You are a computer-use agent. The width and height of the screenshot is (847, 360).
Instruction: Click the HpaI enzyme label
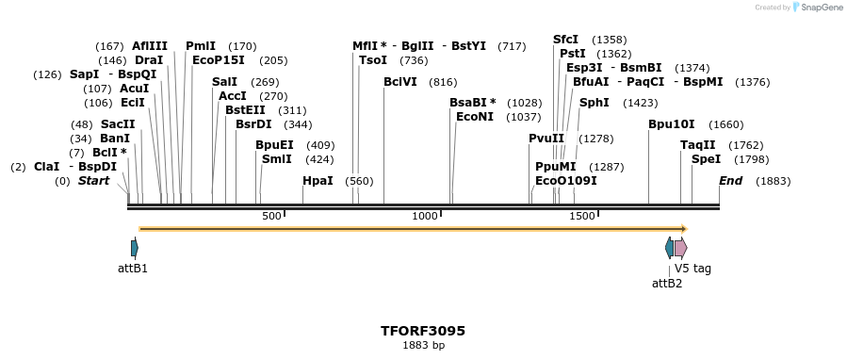[318, 181]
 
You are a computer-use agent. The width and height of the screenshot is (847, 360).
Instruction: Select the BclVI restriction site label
[400, 82]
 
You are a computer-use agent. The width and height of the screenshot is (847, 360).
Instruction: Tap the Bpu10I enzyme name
[671, 124]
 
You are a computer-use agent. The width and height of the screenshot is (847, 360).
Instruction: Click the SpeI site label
[706, 159]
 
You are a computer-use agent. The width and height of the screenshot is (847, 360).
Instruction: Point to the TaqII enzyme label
[698, 145]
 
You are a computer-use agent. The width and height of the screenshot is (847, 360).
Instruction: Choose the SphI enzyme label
[594, 103]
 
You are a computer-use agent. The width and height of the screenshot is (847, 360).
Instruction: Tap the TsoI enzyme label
[373, 60]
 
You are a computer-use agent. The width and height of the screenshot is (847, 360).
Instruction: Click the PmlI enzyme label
[201, 46]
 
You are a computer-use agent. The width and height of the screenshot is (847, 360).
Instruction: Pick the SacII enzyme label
[118, 124]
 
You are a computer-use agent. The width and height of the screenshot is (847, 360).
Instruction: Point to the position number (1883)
[773, 181]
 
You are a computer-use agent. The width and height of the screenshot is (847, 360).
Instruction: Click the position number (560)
[359, 181]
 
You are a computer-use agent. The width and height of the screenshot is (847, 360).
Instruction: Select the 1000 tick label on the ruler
[425, 217]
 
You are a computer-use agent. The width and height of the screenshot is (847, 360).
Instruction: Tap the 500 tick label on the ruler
[271, 217]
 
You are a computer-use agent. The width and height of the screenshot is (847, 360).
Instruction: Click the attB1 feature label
[133, 269]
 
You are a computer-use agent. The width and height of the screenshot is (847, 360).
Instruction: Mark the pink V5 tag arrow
[680, 248]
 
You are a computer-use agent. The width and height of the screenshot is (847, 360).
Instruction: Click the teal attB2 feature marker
[669, 248]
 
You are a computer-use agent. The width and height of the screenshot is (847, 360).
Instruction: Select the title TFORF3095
[423, 331]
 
